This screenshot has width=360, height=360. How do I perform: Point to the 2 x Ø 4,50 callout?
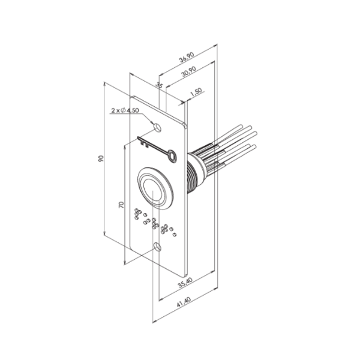[x=125, y=111]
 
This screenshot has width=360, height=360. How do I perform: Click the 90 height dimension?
[x=102, y=159]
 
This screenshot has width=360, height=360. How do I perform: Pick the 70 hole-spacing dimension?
[x=121, y=205]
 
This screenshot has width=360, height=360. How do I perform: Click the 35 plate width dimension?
[x=159, y=86]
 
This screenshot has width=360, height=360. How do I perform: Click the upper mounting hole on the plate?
[x=157, y=127]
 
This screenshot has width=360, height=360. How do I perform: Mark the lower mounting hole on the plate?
[x=158, y=247]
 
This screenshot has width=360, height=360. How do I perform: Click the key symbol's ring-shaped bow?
[x=173, y=156]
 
